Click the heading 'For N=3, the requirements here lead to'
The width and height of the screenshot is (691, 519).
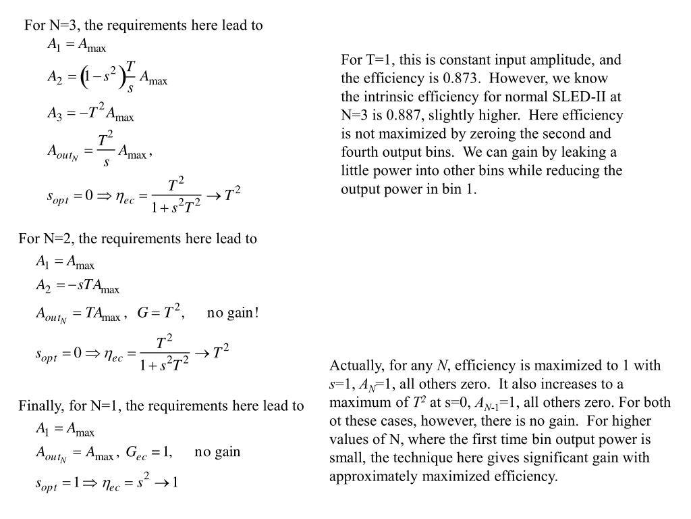click(143, 26)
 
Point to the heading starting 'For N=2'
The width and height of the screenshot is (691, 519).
click(138, 239)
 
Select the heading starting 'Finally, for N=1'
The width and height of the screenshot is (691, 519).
click(161, 406)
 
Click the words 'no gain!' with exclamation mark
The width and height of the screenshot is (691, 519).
click(233, 312)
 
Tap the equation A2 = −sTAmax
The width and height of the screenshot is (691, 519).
click(78, 287)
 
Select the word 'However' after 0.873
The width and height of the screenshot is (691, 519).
click(535, 78)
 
